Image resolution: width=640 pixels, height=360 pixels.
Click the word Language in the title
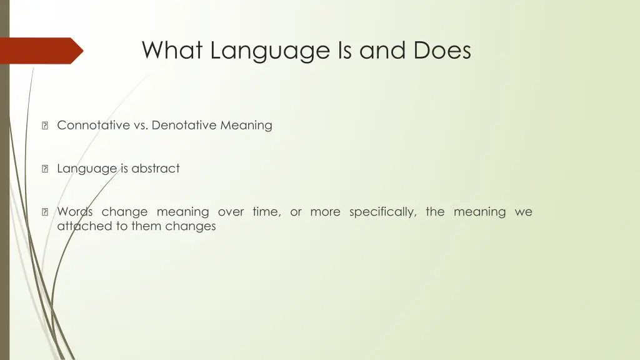point(271,51)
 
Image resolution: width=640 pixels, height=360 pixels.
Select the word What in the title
point(172,51)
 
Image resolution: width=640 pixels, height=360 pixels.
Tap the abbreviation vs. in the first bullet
point(141,125)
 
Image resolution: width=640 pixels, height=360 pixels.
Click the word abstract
point(156,168)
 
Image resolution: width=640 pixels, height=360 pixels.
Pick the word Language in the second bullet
point(87,169)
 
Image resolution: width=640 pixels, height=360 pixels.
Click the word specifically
point(382,212)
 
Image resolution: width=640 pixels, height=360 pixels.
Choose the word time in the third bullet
point(266,212)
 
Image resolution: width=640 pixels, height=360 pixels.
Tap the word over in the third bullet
point(231,212)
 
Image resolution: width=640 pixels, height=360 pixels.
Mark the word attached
point(84,226)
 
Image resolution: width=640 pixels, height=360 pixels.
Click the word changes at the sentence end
point(191,227)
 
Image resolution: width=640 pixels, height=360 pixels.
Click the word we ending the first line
point(524,212)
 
